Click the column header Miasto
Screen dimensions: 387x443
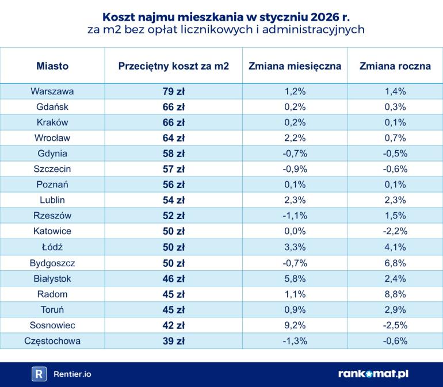52,66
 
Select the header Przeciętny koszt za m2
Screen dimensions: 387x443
173,66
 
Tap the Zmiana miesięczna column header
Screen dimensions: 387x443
295,66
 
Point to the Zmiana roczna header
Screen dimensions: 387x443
395,66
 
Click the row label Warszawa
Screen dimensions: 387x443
52,91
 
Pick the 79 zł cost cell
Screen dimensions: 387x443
173,91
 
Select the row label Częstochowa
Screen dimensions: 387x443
52,341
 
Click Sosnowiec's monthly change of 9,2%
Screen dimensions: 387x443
295,325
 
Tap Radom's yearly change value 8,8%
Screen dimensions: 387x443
395,294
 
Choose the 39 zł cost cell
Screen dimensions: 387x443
173,341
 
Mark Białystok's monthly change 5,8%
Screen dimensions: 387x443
295,279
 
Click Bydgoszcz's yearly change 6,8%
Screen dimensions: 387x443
395,263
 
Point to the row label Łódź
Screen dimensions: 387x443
52,247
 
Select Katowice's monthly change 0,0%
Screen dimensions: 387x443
295,232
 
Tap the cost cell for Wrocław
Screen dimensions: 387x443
173,138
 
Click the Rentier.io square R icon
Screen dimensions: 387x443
39,374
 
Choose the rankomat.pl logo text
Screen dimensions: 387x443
373,374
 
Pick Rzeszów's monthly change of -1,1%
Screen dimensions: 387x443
295,216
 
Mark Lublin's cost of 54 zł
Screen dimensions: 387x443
173,201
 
